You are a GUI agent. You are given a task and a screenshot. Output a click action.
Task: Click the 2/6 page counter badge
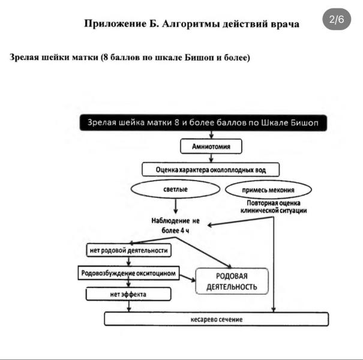[x=337, y=19]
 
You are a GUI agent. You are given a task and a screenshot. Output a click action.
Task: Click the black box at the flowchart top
[x=204, y=123]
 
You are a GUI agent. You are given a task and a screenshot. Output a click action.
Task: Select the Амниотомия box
[x=211, y=146]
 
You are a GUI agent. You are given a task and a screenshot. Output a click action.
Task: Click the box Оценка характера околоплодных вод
[x=211, y=170]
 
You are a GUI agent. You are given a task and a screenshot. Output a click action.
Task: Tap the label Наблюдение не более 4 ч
[x=175, y=226]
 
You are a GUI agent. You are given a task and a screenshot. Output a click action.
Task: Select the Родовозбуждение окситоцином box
[x=129, y=273]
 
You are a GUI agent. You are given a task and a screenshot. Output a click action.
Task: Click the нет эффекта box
[x=128, y=295]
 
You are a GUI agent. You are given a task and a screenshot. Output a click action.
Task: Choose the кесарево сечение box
[x=217, y=319]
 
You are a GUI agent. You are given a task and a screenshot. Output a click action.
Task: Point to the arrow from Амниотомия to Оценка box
[x=211, y=157]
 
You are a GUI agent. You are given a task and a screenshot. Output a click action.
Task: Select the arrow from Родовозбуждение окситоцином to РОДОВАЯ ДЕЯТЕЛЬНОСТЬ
[x=188, y=277]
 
